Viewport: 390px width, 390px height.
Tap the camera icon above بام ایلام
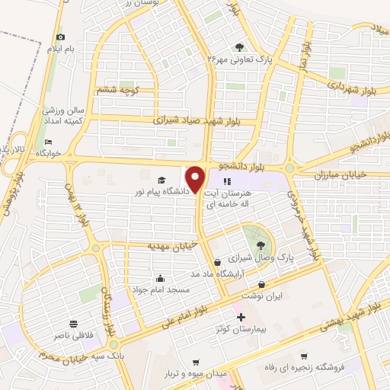coord(61,37)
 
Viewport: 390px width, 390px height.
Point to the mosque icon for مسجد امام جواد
coord(160,278)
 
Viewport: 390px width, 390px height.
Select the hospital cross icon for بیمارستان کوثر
coord(241,317)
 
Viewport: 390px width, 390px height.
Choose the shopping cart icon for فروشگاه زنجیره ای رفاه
coord(304,356)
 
